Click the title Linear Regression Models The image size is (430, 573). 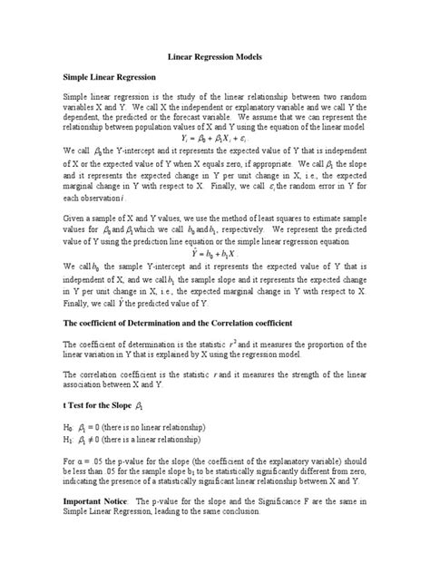pyautogui.click(x=214, y=56)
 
